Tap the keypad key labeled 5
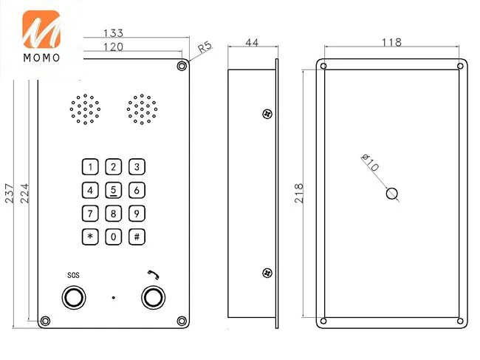[x=114, y=190]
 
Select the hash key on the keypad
[x=137, y=237]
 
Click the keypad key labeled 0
[x=114, y=237]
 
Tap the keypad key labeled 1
[x=90, y=166]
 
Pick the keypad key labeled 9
[x=137, y=214]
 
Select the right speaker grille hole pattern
[x=142, y=110]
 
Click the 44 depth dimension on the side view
[x=251, y=44]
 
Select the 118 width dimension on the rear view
[x=391, y=43]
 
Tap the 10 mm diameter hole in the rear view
[x=393, y=194]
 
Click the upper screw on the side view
[x=267, y=114]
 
